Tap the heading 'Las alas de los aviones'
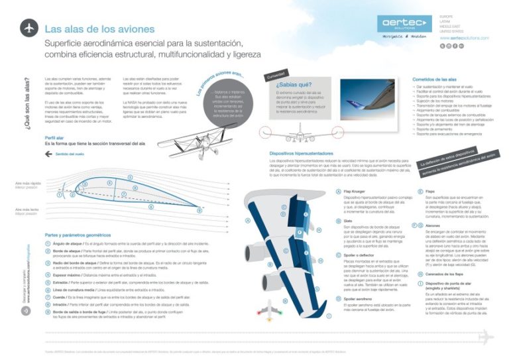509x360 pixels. (x=99, y=29)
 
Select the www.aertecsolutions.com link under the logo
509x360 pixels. (x=464, y=38)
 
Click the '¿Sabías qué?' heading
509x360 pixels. (x=292, y=85)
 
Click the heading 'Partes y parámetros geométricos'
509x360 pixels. (x=78, y=235)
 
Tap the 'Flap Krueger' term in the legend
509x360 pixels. (x=355, y=191)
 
